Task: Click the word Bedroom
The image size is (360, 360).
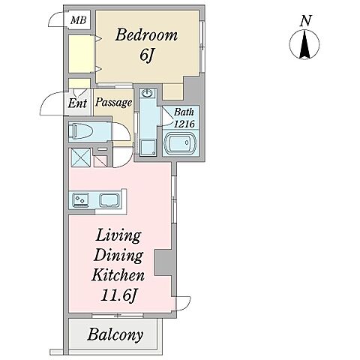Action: click(x=146, y=35)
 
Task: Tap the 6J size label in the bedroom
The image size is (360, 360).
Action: click(x=146, y=55)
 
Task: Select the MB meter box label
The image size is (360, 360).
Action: click(x=79, y=20)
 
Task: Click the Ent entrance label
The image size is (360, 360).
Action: click(x=77, y=103)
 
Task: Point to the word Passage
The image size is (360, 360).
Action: click(x=114, y=102)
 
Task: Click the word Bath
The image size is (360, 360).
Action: click(x=184, y=112)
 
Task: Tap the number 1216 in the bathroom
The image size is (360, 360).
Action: click(x=184, y=124)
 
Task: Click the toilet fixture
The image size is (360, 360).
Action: click(x=81, y=131)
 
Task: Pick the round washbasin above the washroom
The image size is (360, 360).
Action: click(x=147, y=94)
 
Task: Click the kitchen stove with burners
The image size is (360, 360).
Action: click(x=80, y=200)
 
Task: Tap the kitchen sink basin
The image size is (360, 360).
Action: click(x=109, y=200)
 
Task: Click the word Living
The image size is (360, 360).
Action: click(x=118, y=236)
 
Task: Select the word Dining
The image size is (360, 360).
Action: click(x=118, y=256)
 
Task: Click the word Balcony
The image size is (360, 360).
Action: click(x=115, y=335)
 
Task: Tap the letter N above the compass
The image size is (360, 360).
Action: click(x=306, y=21)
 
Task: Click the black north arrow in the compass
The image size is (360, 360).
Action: click(x=304, y=44)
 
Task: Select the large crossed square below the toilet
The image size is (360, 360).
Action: click(x=80, y=157)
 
